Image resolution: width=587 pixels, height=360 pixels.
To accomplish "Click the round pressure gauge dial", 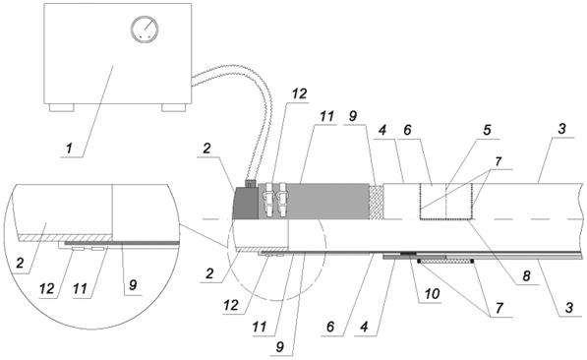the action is pos(145,30).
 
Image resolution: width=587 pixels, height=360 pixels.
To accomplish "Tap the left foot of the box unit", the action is pos(62,108).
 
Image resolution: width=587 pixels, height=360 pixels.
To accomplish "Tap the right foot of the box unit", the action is pos(174,108).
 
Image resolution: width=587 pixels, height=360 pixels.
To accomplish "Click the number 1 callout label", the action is pos(69,149).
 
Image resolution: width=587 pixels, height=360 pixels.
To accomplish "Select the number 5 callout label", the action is pos(487,130).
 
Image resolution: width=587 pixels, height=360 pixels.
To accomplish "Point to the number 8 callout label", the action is pos(526,276).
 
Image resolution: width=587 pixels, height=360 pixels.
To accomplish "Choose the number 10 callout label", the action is pos(432,294).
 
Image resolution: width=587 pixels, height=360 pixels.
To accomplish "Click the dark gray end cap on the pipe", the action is pos(246,203).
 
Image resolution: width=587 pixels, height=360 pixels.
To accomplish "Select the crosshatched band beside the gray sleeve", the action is pos(377,202).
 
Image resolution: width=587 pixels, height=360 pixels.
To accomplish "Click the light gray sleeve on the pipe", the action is pos(314,202).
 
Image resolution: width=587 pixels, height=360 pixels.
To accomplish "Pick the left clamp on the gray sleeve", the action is pos(268,200).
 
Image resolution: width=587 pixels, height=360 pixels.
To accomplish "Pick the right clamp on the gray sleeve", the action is pos(282,200).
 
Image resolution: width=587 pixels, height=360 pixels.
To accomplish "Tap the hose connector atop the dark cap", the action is pos(250,183).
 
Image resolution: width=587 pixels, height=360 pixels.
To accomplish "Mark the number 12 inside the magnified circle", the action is pos(47,288).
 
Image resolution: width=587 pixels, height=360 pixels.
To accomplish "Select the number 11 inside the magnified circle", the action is pos(80,288).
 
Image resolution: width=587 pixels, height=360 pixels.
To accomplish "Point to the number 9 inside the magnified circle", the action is pos(133,285).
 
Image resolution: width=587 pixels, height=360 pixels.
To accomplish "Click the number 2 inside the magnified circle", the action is pos(21,263).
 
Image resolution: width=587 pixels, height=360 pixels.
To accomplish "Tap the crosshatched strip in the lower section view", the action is pos(445,261).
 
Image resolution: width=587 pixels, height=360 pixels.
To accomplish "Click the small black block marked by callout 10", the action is pos(409,253).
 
